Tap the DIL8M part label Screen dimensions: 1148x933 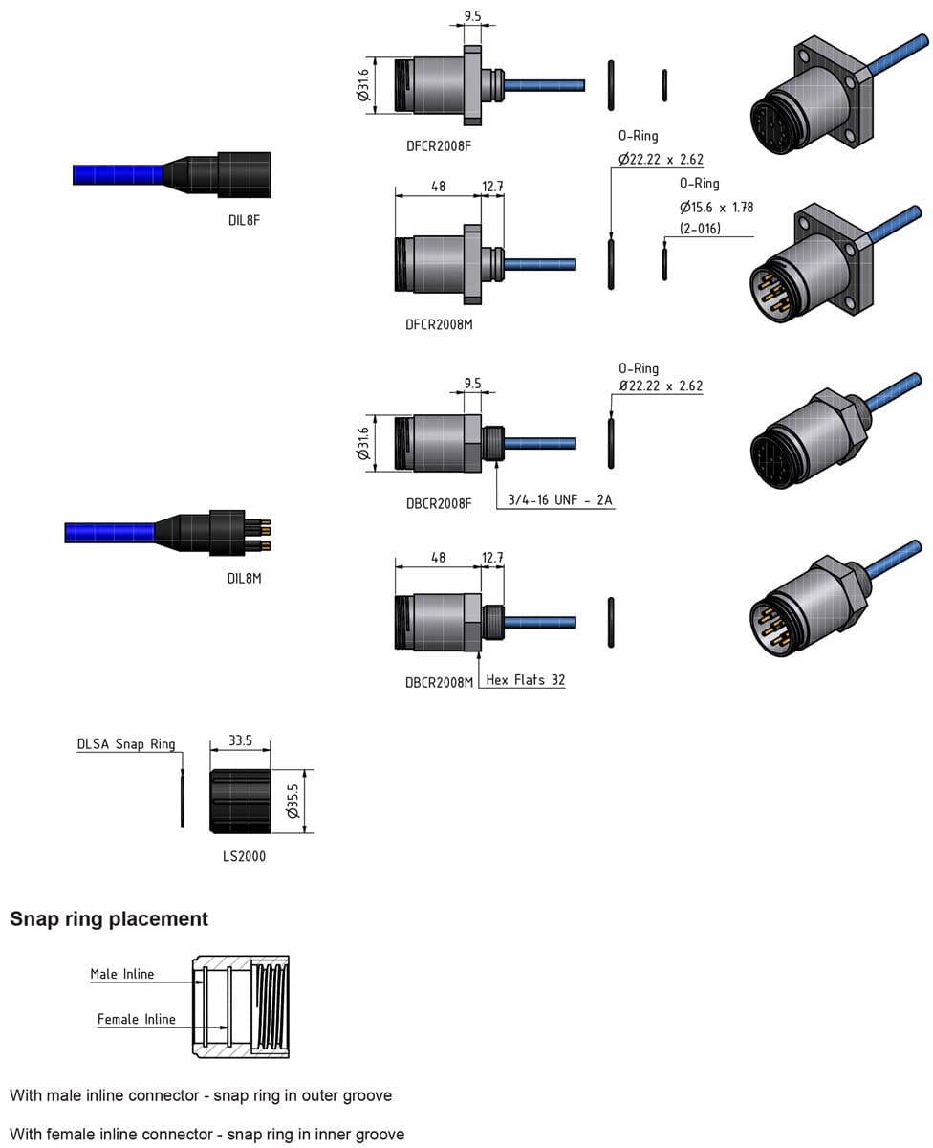[244, 578]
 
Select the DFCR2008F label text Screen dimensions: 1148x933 [439, 145]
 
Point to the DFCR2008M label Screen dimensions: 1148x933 [439, 324]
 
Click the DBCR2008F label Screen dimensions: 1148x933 [438, 502]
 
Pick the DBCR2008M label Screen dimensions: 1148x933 [439, 682]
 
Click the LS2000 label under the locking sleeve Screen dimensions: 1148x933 [244, 856]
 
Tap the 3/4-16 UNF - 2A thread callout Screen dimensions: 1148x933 [559, 500]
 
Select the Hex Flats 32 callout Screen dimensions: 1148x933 [525, 680]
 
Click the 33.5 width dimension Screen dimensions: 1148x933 [240, 740]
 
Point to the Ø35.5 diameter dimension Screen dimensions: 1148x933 [293, 800]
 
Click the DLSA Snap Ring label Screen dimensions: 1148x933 [126, 743]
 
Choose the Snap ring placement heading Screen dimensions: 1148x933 [109, 919]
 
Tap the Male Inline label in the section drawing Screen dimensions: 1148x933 [121, 974]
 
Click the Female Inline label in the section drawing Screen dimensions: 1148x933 [136, 1020]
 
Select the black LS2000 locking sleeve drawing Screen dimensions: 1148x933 [240, 800]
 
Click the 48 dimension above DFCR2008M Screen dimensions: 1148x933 [438, 187]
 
